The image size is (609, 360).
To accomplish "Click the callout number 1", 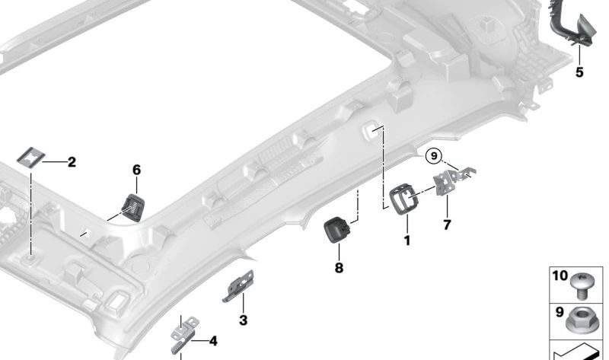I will (407, 241).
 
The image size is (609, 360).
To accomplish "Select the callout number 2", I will (72, 161).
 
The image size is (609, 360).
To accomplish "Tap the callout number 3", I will (243, 320).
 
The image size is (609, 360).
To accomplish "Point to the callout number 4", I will (212, 341).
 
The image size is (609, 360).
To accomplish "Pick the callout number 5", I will (579, 72).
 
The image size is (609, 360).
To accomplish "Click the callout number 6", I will (136, 170).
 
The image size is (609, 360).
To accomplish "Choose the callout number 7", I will (447, 225).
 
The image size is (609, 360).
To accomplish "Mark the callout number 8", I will (339, 268).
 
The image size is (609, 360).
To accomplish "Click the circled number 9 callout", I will (434, 156).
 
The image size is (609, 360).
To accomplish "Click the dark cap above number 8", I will (338, 228).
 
